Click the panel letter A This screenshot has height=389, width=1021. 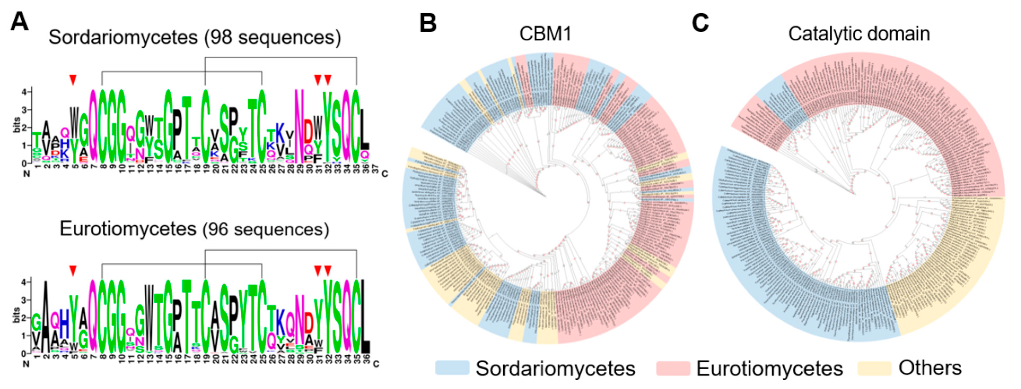click(19, 21)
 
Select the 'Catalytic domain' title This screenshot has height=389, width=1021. click(859, 34)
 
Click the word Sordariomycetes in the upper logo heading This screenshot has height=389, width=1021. click(123, 38)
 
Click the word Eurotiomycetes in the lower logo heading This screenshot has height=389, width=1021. click(128, 229)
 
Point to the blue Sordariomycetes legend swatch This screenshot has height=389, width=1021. click(452, 368)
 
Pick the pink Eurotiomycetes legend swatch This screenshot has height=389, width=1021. click(673, 368)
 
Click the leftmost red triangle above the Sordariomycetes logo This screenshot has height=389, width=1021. click(73, 80)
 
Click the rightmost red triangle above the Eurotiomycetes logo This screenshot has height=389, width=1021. click(327, 270)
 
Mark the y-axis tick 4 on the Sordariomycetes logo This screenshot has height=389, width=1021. click(24, 91)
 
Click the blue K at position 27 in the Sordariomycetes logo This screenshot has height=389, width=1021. click(280, 133)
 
